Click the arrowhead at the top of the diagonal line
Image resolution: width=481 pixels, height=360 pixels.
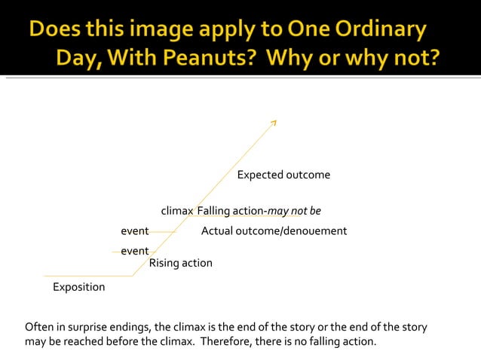274,121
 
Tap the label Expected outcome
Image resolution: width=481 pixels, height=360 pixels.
283,175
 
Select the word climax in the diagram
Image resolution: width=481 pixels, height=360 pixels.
177,210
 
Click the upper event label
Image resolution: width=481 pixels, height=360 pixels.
134,230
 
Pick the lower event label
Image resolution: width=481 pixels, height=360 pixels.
134,251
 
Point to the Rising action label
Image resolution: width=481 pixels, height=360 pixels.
180,263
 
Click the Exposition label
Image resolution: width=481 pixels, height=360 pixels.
78,287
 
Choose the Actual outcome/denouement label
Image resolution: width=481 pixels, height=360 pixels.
274,230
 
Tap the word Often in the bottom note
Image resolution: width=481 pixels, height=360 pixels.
39,328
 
